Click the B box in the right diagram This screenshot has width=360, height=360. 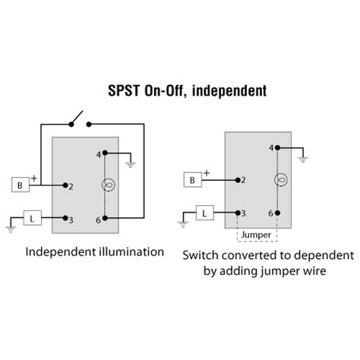click(x=193, y=180)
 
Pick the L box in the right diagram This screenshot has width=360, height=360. click(x=205, y=213)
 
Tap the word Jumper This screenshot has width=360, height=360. click(x=255, y=235)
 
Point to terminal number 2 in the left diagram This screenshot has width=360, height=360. click(x=71, y=186)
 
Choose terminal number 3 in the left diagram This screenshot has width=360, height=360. click(x=71, y=219)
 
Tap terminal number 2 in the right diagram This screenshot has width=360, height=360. click(x=242, y=180)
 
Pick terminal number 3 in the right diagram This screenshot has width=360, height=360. click(x=242, y=213)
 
